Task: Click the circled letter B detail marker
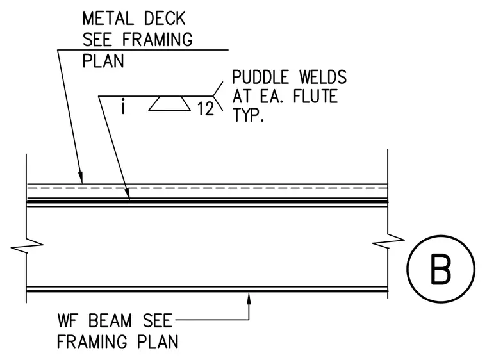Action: (441, 269)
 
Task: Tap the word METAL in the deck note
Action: (108, 19)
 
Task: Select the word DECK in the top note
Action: (165, 19)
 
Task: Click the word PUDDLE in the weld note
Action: (261, 77)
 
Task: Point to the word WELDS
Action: (323, 77)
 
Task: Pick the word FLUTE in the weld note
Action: (315, 96)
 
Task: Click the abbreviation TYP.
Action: (248, 115)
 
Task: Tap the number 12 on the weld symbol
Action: (206, 109)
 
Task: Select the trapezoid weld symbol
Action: (169, 103)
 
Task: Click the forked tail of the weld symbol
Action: (219, 96)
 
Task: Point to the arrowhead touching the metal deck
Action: (81, 177)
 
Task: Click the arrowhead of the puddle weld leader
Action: (128, 193)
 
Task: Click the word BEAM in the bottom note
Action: (110, 320)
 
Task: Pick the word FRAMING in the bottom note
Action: (92, 341)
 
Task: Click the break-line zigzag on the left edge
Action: (27, 245)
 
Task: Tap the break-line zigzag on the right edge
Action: (388, 241)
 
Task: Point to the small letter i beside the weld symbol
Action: (123, 106)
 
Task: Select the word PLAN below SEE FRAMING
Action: (103, 61)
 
